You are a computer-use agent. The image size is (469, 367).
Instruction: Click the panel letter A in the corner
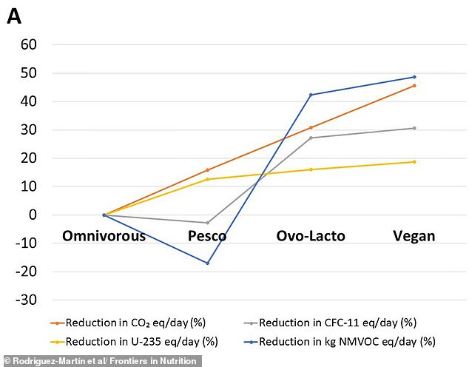14,16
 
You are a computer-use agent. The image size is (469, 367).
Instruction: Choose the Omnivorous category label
104,236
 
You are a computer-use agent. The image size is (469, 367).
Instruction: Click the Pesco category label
206,236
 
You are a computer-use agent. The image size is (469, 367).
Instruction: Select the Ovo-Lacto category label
311,236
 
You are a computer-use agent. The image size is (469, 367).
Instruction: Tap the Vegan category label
414,236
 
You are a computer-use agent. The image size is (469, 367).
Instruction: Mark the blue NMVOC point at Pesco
207,263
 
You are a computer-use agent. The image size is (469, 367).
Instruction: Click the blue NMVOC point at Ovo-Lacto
311,95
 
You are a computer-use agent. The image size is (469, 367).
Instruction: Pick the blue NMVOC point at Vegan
414,77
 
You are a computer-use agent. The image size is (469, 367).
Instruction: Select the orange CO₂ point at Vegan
414,86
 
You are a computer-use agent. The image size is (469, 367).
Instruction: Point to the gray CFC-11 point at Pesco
207,223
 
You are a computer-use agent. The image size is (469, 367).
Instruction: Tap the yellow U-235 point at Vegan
414,162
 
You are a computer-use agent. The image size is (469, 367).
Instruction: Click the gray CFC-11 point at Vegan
414,128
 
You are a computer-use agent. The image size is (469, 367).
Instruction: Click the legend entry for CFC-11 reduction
330,323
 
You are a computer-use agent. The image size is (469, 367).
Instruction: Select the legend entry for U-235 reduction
133,341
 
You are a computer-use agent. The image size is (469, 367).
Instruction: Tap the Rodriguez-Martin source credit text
100,361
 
